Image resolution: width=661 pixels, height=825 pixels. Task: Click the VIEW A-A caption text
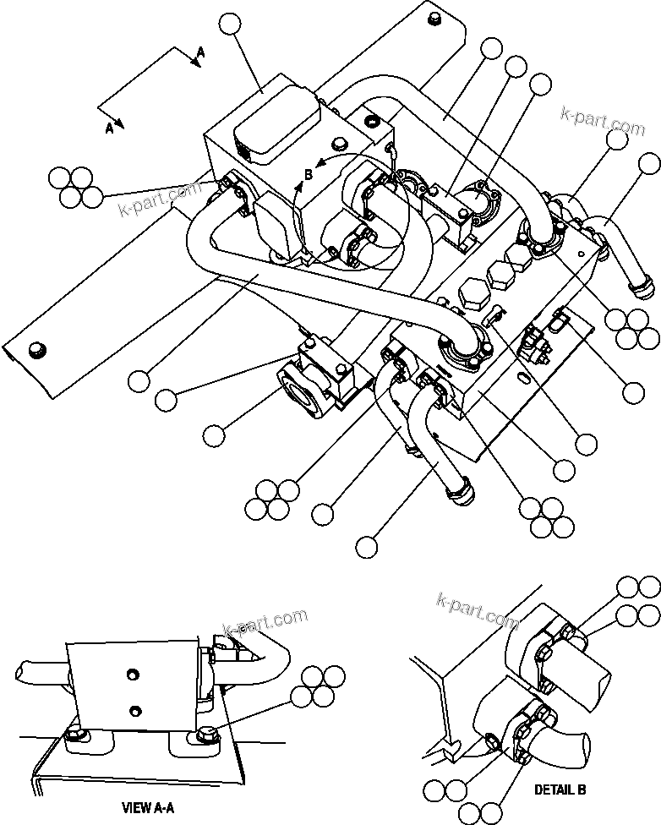pyautogui.click(x=148, y=807)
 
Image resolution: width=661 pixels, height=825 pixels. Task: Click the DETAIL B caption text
pyautogui.click(x=560, y=789)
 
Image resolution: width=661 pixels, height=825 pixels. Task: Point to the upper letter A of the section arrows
pyautogui.click(x=200, y=52)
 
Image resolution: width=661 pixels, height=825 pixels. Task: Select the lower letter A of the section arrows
pyautogui.click(x=109, y=128)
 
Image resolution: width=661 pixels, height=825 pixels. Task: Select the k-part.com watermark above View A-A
pyautogui.click(x=265, y=623)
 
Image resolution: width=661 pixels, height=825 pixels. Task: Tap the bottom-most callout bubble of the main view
pyautogui.click(x=366, y=547)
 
